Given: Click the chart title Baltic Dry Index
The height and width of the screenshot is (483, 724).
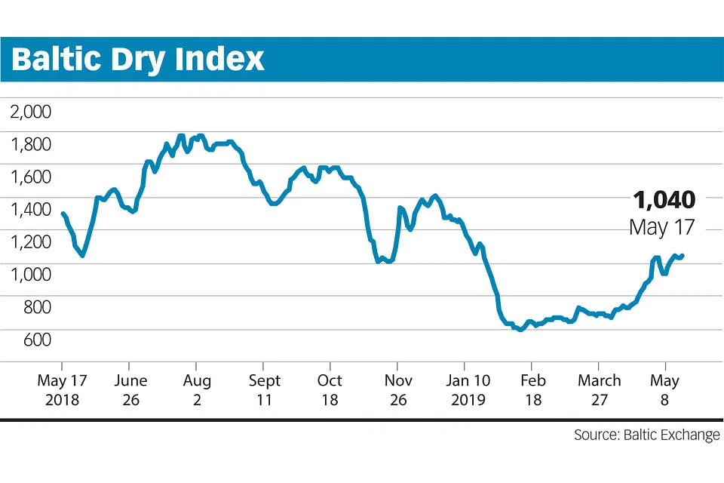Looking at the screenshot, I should tap(138, 59).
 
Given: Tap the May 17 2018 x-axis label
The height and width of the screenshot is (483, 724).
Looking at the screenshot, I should tap(62, 390).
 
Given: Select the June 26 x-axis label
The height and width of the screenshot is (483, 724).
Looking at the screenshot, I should tap(130, 390).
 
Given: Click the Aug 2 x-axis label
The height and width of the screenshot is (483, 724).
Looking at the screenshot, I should tap(197, 390).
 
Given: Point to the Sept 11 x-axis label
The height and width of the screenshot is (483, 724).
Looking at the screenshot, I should tap(263, 390).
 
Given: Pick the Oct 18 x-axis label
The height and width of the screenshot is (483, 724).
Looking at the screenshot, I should tap(330, 390).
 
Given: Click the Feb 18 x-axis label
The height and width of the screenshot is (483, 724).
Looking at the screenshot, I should tap(532, 390).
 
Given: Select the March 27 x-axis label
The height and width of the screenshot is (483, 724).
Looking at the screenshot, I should tap(599, 390).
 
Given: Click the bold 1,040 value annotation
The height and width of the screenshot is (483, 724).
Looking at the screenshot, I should tap(664, 200).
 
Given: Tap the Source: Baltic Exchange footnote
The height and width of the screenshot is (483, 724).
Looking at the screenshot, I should tap(646, 435).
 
